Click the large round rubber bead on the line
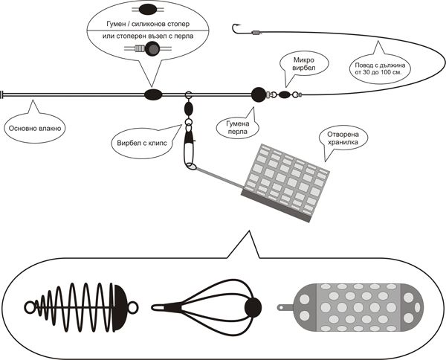click(x=258, y=94)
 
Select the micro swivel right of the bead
click(x=285, y=94)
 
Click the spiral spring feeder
click(x=82, y=306)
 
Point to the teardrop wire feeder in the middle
click(x=209, y=305)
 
